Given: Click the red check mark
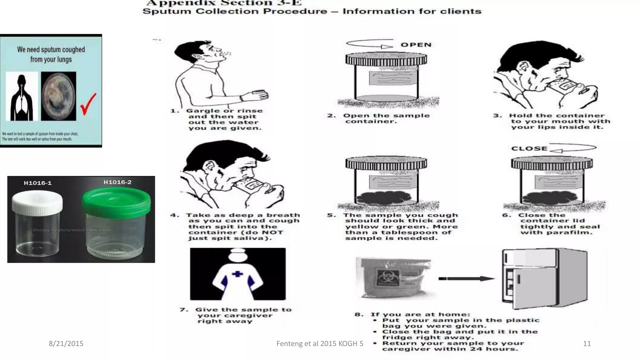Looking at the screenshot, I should (88, 105).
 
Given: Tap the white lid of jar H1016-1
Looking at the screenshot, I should (37, 203).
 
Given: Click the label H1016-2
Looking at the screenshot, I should (117, 182).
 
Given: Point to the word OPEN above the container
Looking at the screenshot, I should (416, 45).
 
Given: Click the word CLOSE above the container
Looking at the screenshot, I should (529, 149).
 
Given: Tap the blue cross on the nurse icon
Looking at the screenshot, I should (237, 274).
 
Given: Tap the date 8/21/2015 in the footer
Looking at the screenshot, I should (66, 344).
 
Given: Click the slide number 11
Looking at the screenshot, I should (587, 344).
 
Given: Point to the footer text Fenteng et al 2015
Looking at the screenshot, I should (319, 344).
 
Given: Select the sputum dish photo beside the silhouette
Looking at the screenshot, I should (58, 97).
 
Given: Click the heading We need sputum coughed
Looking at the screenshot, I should (51, 50).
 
